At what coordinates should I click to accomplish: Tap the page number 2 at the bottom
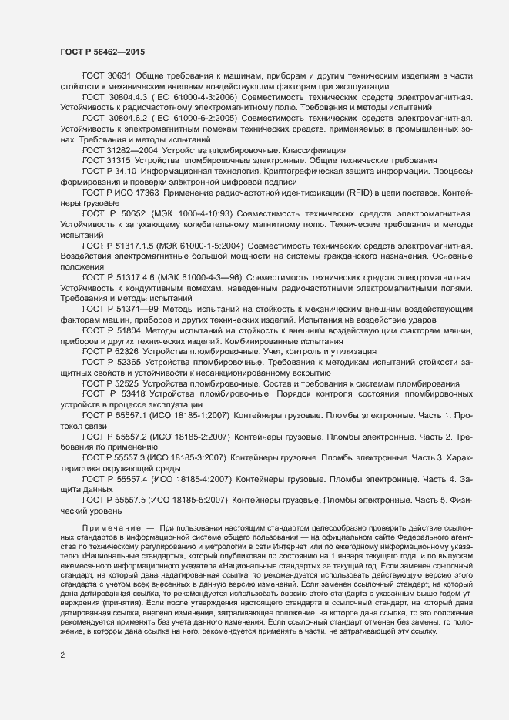62,656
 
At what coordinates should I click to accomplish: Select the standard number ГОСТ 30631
106,76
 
